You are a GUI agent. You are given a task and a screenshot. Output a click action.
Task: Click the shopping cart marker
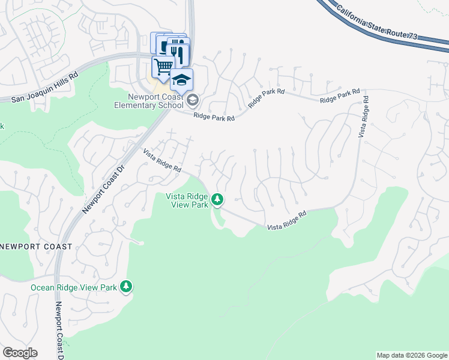[163, 66]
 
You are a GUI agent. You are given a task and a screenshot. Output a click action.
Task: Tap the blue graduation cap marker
[181, 79]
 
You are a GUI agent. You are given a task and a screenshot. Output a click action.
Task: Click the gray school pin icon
[191, 99]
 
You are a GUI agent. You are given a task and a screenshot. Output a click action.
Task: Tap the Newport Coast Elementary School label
[149, 101]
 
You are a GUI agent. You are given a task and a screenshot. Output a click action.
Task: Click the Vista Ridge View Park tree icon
[217, 199]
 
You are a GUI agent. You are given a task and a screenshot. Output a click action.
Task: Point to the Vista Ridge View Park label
[187, 200]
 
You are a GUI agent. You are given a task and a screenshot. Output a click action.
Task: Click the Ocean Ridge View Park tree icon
[126, 287]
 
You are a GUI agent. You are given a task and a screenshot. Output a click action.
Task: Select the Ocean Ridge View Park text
[74, 287]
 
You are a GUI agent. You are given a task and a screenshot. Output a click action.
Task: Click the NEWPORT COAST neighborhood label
[36, 247]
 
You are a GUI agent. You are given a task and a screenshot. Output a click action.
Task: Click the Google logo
[20, 353]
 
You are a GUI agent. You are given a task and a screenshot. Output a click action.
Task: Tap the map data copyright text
[412, 355]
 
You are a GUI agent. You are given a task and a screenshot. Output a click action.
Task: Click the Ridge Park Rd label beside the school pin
[214, 118]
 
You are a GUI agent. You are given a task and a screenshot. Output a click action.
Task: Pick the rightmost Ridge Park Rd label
[340, 96]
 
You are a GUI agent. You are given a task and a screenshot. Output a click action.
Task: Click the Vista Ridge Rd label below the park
[287, 220]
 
